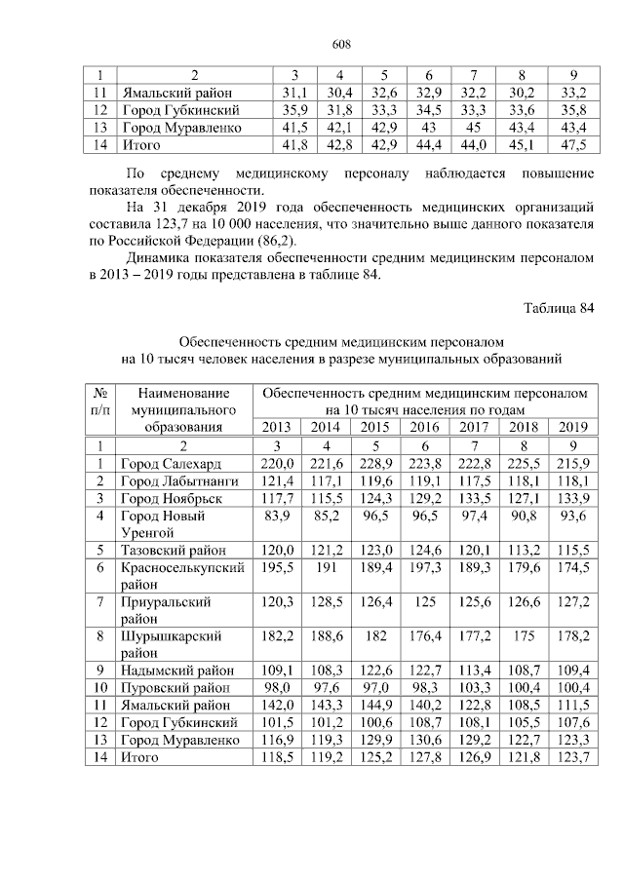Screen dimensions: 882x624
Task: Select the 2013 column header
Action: click(277, 427)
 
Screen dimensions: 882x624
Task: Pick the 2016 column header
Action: click(423, 427)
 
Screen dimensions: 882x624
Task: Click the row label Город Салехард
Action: click(171, 462)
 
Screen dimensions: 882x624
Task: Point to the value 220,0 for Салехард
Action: click(277, 462)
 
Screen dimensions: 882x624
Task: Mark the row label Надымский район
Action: click(176, 671)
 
